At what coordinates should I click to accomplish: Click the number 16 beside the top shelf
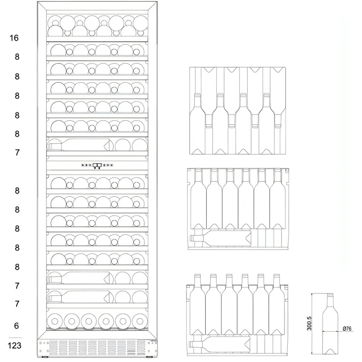click(x=14, y=38)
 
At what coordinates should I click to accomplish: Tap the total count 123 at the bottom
click(x=14, y=346)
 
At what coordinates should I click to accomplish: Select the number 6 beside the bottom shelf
click(x=16, y=326)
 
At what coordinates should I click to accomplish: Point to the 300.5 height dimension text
click(x=309, y=323)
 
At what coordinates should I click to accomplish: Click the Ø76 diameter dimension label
click(x=347, y=328)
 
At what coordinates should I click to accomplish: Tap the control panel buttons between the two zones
click(x=97, y=165)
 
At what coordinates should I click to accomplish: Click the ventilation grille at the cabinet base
click(x=97, y=349)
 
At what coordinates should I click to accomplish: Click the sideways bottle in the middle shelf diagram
click(x=220, y=238)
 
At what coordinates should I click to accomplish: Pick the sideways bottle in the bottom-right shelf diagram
click(x=220, y=344)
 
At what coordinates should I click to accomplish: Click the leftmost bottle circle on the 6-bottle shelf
click(x=55, y=321)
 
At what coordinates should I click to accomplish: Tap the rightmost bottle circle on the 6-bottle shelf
click(x=140, y=321)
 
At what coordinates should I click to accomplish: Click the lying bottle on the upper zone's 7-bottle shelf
click(x=78, y=145)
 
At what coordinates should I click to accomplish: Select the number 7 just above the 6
click(x=17, y=304)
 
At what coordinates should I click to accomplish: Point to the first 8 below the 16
click(x=17, y=57)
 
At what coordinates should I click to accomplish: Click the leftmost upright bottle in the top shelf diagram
click(x=197, y=123)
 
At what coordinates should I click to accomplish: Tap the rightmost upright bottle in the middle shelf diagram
click(x=278, y=199)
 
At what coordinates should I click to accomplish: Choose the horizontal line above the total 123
click(x=15, y=338)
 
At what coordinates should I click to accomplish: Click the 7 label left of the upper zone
click(x=17, y=153)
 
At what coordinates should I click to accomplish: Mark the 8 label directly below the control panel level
click(x=17, y=191)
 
